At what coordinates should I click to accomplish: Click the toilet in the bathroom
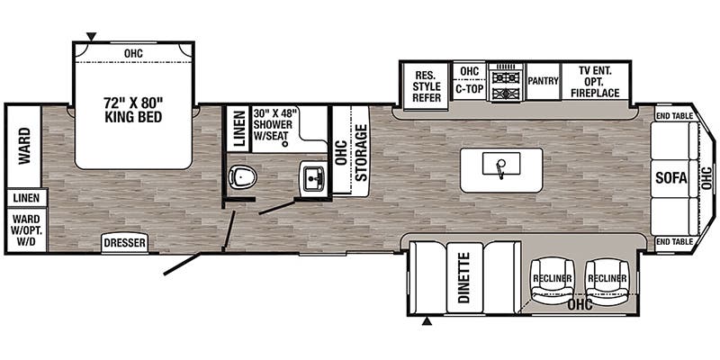point(242,176)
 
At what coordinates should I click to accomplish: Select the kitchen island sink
point(501,164)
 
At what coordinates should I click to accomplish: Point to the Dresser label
point(124,243)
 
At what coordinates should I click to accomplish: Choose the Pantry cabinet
point(544,81)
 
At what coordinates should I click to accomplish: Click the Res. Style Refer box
point(427,85)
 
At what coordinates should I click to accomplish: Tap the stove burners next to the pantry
point(507,83)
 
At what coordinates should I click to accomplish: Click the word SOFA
point(670,178)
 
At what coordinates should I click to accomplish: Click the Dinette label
point(464,277)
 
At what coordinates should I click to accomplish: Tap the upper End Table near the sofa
point(674,116)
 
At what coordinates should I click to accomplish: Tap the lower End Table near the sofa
point(674,242)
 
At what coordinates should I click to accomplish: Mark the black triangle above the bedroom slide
point(92,36)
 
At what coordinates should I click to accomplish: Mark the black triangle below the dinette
point(427,321)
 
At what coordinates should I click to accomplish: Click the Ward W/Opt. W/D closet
point(27,229)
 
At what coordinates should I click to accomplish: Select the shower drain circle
point(284,144)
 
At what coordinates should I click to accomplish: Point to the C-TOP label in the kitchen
point(470,89)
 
